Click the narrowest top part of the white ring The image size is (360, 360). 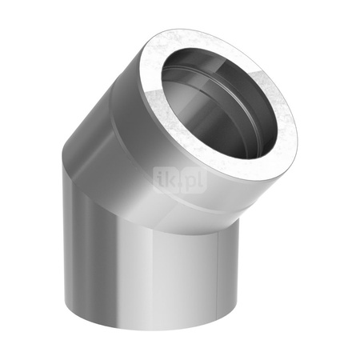(192, 36)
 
